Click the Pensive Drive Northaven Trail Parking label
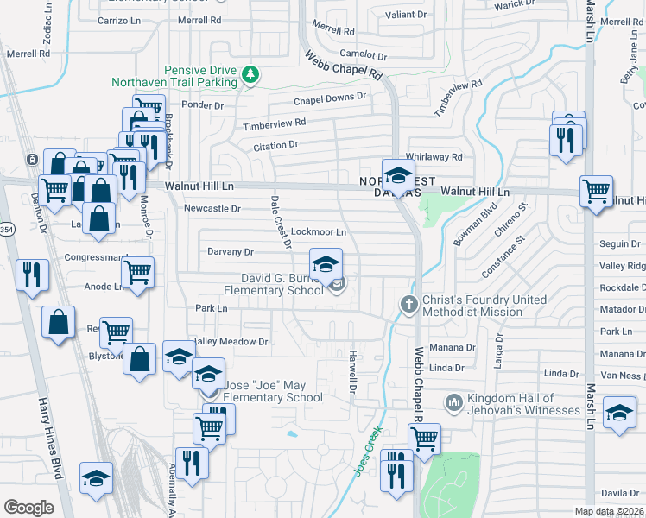tap(174, 76)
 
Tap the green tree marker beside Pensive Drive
tap(251, 75)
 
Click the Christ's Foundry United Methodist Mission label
tap(484, 306)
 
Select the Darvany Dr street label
tap(231, 252)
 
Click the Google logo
tap(28, 508)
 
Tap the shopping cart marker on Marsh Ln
tap(596, 193)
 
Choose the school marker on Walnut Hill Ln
tap(398, 176)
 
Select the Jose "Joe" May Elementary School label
tap(273, 391)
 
